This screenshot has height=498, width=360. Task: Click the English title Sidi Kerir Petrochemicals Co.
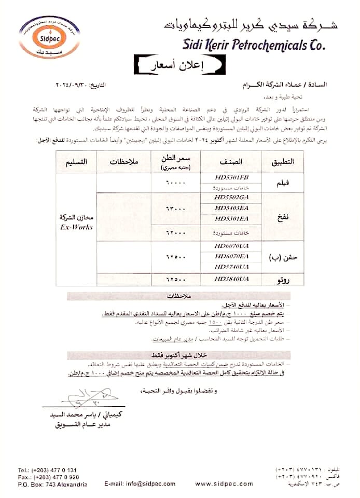(x=254, y=45)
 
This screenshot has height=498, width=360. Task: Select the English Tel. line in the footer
(x=47, y=469)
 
